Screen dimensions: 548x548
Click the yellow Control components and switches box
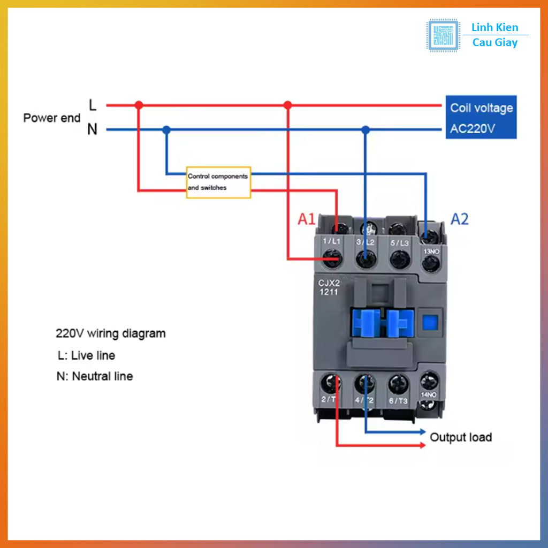pyautogui.click(x=218, y=182)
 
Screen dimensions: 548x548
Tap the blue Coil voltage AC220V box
pyautogui.click(x=481, y=118)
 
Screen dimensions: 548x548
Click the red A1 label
pyautogui.click(x=307, y=219)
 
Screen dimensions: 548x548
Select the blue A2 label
pyautogui.click(x=460, y=219)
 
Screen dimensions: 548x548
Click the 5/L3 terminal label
pyautogui.click(x=399, y=242)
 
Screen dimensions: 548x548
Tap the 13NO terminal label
pyautogui.click(x=431, y=251)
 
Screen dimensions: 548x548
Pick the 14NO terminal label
pyautogui.click(x=429, y=395)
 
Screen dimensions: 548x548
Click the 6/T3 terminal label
pyautogui.click(x=398, y=401)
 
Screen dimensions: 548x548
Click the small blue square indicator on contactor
pyautogui.click(x=430, y=322)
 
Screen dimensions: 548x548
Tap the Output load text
pyautogui.click(x=461, y=437)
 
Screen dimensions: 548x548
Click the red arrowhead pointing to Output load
pyautogui.click(x=422, y=445)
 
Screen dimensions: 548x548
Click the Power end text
pyautogui.click(x=52, y=118)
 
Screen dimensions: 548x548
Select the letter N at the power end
pyautogui.click(x=93, y=130)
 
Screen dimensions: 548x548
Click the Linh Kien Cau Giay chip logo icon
pyautogui.click(x=443, y=35)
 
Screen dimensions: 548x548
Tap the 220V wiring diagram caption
pyautogui.click(x=111, y=333)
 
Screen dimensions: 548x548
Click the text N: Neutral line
pyautogui.click(x=95, y=376)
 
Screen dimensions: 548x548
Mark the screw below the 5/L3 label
pyautogui.click(x=399, y=260)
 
